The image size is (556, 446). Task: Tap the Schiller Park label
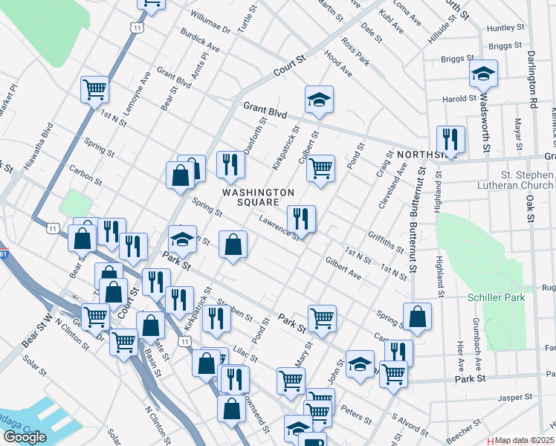(x=496, y=297)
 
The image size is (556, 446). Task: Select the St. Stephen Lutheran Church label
(x=522, y=180)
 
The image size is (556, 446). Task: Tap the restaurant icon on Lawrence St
(x=301, y=219)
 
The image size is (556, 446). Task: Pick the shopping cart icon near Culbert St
(x=320, y=168)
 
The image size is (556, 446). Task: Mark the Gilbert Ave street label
(x=343, y=269)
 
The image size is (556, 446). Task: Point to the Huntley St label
(x=505, y=28)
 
